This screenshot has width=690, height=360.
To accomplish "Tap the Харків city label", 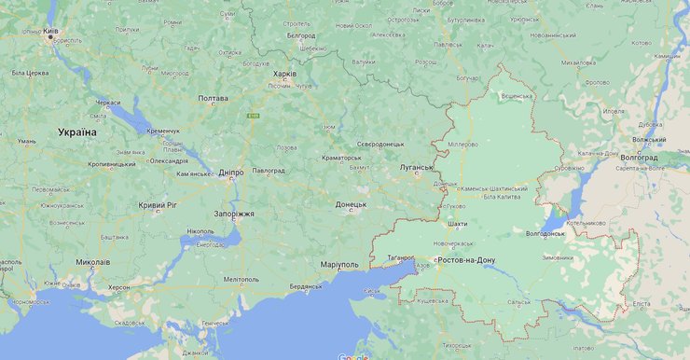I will [283, 73].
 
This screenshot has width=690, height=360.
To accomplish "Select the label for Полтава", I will [213, 98].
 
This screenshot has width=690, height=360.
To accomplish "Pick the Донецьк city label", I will [352, 203].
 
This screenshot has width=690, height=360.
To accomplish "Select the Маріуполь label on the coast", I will [339, 265].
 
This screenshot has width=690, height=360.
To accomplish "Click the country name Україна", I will [76, 132].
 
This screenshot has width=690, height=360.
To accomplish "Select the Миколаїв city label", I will [92, 262].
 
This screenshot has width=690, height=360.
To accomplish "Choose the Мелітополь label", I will [241, 279].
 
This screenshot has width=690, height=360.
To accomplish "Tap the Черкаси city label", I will [107, 103].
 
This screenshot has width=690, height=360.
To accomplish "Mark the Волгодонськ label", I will [545, 233].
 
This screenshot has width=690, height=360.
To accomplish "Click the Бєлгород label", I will [301, 35].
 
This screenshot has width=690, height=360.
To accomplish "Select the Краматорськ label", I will [341, 158].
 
